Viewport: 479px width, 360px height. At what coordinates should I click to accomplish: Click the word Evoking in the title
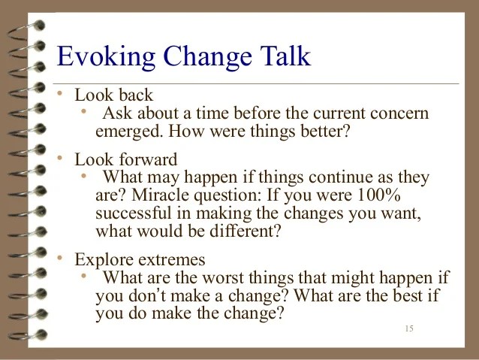tap(106, 57)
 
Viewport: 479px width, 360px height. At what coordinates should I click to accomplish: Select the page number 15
tap(409, 328)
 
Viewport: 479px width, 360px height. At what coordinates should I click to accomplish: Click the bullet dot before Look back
tap(60, 93)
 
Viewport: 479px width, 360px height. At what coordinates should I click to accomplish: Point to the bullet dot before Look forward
tap(60, 158)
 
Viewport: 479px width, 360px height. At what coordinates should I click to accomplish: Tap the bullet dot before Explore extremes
tap(60, 258)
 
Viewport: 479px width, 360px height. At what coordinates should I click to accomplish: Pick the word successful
tap(134, 213)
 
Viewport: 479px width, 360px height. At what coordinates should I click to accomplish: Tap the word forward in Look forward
tap(148, 159)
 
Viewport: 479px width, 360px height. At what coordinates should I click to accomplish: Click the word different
tap(245, 231)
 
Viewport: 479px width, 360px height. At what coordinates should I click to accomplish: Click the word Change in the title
tap(208, 57)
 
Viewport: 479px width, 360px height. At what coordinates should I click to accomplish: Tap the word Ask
tap(118, 113)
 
